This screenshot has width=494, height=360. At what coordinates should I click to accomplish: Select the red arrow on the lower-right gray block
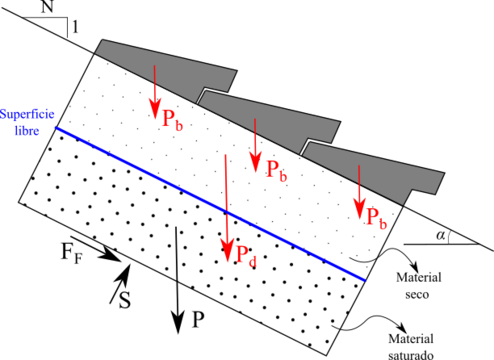pos(359,192)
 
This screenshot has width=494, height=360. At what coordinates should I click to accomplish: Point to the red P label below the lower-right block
pos(376,217)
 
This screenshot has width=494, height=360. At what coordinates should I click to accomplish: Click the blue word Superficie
pos(27,114)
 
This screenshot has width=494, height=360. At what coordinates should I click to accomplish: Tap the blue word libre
pos(27,130)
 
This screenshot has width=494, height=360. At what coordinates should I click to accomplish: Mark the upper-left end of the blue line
pos(56,127)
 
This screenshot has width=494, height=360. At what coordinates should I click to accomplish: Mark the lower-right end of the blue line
pos(364,280)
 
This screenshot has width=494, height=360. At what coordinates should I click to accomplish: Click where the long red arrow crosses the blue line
pos(226,211)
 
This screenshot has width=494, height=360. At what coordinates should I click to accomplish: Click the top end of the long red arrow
pos(226,154)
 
